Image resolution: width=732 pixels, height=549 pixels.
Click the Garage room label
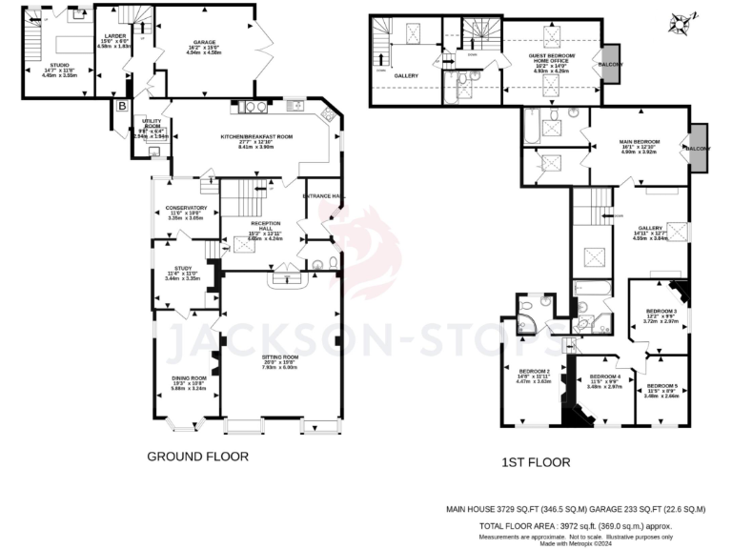point(201,43)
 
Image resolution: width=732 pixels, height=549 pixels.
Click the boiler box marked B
point(121,106)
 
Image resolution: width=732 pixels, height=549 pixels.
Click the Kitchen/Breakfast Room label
point(256,137)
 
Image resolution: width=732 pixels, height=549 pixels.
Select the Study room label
point(183,269)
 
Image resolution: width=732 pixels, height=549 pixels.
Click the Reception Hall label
point(253,224)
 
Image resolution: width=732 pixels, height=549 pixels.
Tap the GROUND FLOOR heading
point(197,457)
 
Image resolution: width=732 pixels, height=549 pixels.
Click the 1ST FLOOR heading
point(536,462)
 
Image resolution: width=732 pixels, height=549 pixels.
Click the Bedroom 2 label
point(534,371)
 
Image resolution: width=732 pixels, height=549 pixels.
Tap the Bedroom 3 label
point(661,312)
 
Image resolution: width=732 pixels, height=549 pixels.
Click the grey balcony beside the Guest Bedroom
point(611,64)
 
